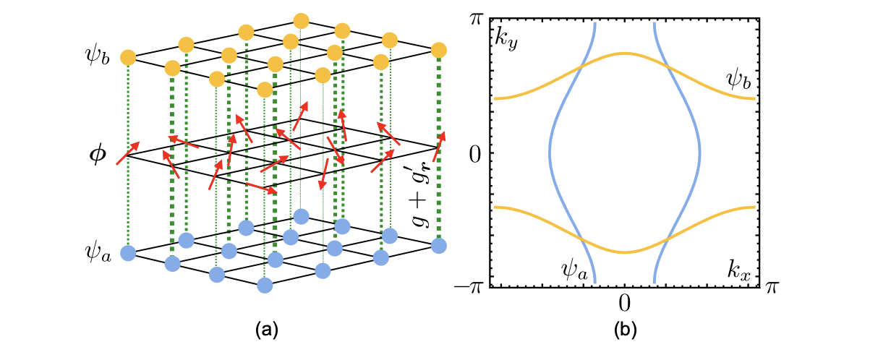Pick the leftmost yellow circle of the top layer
128,56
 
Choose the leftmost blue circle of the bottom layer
128,253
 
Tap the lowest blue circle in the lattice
265,286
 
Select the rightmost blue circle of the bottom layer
438,247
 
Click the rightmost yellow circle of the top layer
438,50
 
